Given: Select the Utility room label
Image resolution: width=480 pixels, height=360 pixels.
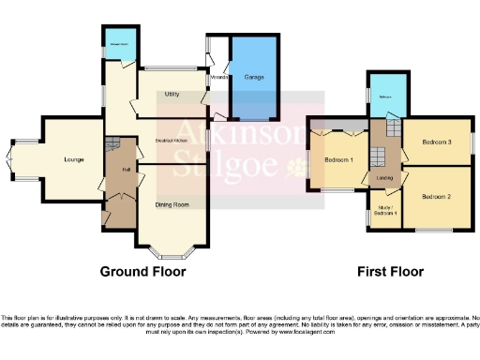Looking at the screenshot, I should point(171,95).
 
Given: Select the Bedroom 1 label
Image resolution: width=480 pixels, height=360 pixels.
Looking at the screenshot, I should point(338,160).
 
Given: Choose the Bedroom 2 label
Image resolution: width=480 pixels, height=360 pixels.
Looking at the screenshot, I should point(436,197).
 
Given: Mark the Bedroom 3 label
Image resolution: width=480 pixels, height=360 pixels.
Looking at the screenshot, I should point(436,142).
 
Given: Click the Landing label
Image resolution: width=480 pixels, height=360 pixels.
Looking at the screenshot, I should point(384,177).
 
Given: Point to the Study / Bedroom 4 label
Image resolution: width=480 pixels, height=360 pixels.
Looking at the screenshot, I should point(384,210).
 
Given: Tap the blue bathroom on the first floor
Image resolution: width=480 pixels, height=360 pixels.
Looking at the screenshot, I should point(385,98).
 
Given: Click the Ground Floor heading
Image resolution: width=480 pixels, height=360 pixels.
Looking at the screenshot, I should point(143,272).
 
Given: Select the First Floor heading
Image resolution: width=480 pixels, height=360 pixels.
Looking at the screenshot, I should point(390,272).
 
